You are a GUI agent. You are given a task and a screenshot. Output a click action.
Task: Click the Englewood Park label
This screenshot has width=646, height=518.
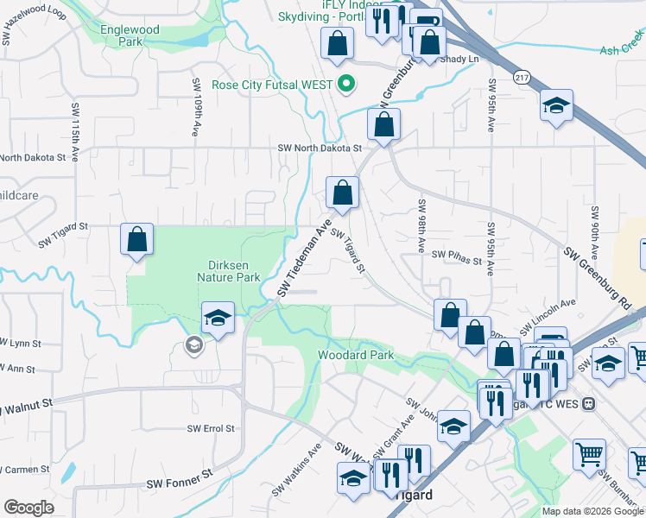(x=129, y=35)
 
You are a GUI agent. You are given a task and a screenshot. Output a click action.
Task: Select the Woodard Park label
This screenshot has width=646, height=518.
(x=355, y=355)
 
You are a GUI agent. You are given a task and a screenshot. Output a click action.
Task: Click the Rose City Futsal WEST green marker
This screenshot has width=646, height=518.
(x=346, y=85)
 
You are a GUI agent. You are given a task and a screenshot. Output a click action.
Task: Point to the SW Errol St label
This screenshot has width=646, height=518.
(x=212, y=428)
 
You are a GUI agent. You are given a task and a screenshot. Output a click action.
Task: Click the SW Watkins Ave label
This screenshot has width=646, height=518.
(x=297, y=470)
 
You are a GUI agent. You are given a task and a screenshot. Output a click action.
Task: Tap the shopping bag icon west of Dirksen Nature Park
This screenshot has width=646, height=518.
(x=137, y=239)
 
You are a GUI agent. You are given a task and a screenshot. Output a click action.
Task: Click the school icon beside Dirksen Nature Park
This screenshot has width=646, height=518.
(x=218, y=318)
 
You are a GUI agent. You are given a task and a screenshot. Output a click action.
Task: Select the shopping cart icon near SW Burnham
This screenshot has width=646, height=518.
(x=588, y=454)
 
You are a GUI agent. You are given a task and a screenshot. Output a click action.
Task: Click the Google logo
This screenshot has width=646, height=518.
(x=29, y=508)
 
